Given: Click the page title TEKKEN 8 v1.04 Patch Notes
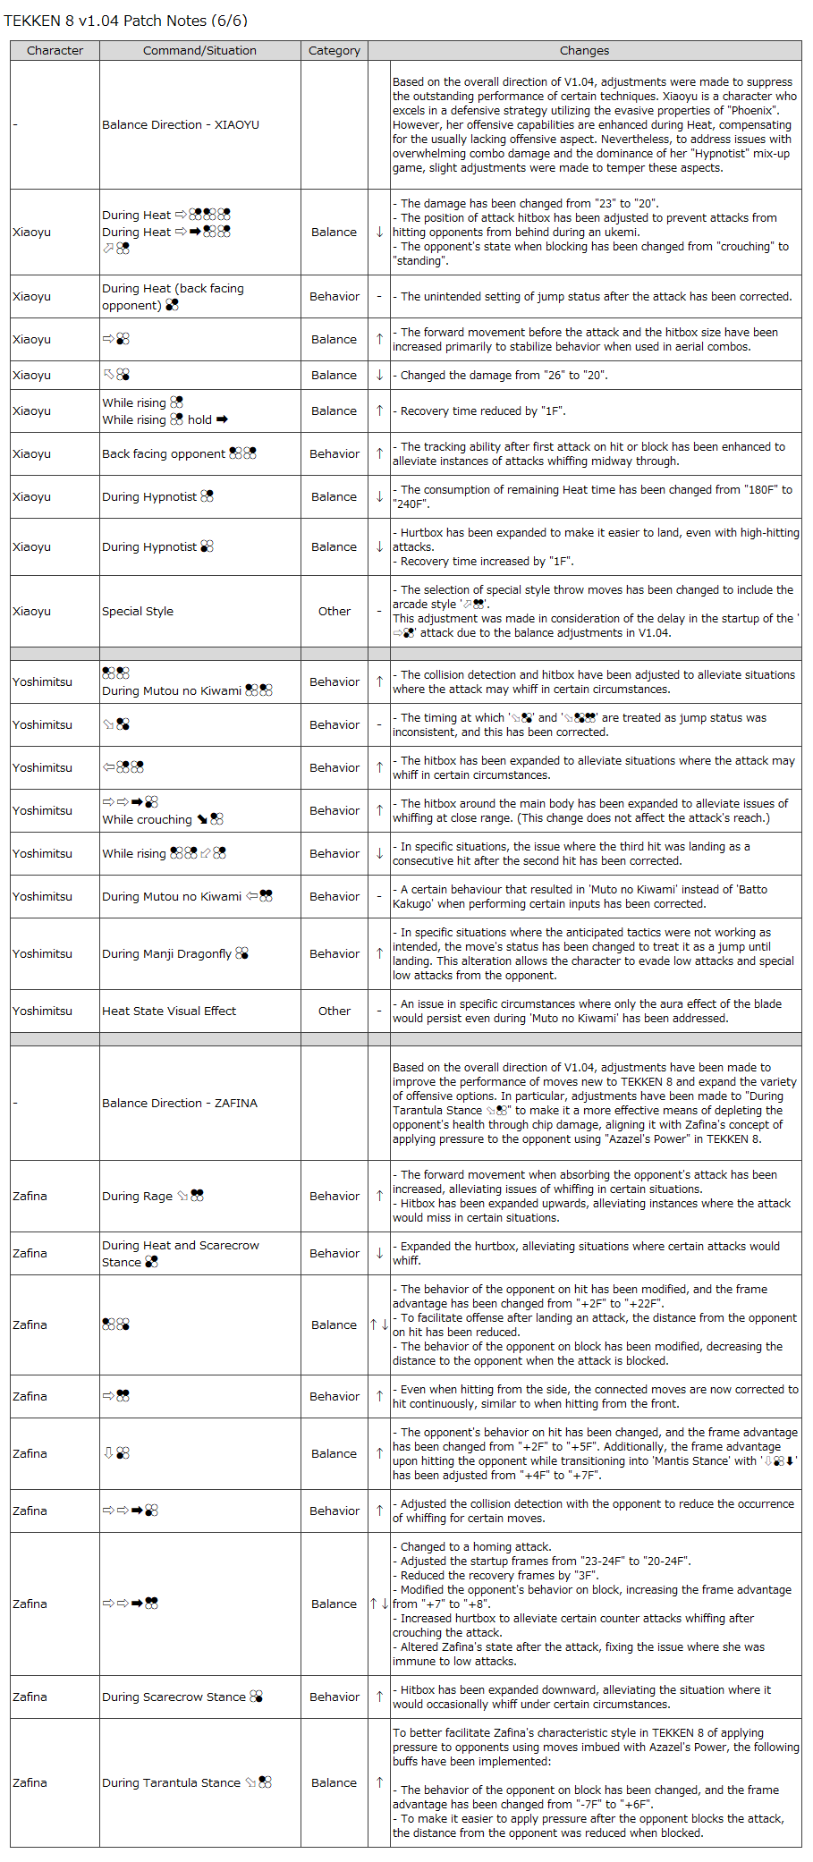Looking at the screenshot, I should pyautogui.click(x=126, y=21).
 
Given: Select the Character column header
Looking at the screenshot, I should pyautogui.click(x=55, y=51).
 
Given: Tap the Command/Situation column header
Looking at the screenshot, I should pyautogui.click(x=199, y=51).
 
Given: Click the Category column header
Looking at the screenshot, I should pyautogui.click(x=335, y=51).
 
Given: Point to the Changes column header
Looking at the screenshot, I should pyautogui.click(x=584, y=51).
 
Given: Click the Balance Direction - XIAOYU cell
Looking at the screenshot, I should pyautogui.click(x=181, y=125).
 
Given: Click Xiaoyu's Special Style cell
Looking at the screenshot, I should pyautogui.click(x=138, y=612).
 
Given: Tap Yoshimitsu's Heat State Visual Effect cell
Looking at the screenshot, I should pyautogui.click(x=169, y=1011).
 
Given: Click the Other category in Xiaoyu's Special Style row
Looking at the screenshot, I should pyautogui.click(x=335, y=612).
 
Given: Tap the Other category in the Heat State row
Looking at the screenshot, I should pyautogui.click(x=335, y=1011).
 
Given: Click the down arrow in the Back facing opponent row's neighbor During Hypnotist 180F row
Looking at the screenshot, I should pyautogui.click(x=379, y=497).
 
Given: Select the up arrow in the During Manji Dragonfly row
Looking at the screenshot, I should pyautogui.click(x=379, y=954).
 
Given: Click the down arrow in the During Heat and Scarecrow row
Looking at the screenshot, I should pyautogui.click(x=379, y=1254).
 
